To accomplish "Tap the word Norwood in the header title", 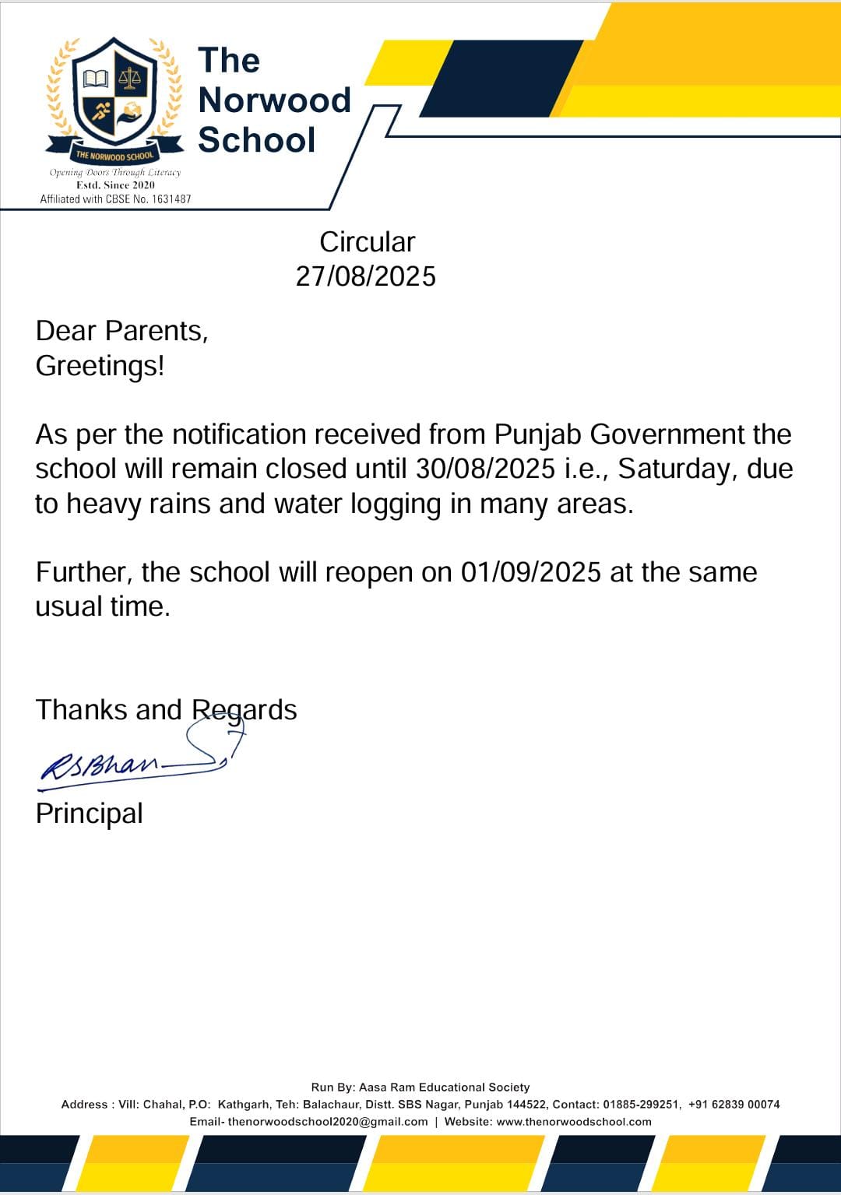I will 274,100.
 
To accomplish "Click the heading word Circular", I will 367,242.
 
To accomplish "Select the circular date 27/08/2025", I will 365,276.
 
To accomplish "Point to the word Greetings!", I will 100,366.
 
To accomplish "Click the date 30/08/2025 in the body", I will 485,469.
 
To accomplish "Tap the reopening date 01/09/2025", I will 531,572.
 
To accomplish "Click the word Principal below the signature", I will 89,814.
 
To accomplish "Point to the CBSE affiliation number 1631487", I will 171,199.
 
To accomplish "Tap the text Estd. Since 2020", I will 115,185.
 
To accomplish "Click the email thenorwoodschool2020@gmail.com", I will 328,1122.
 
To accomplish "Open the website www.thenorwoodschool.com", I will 574,1122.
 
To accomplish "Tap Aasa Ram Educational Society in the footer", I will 444,1088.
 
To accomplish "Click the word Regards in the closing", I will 244,710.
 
